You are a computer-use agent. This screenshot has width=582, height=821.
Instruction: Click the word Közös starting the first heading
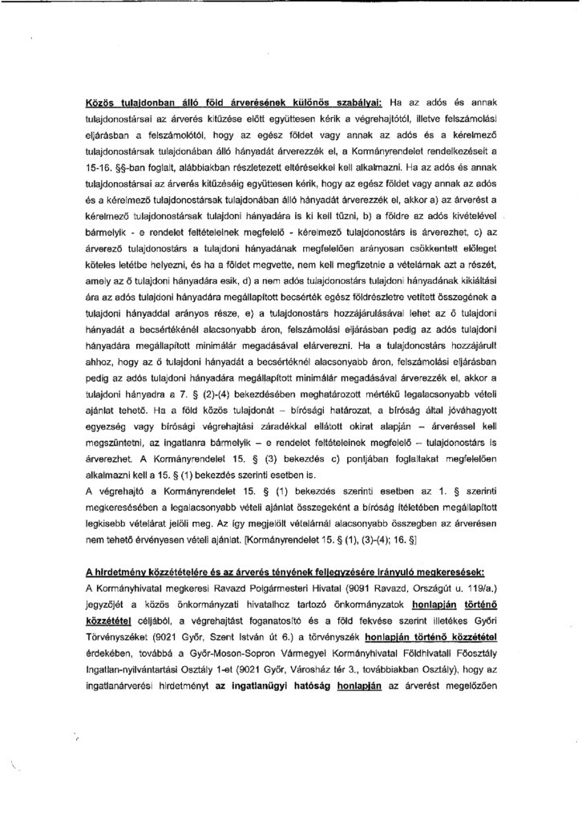coord(103,103)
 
